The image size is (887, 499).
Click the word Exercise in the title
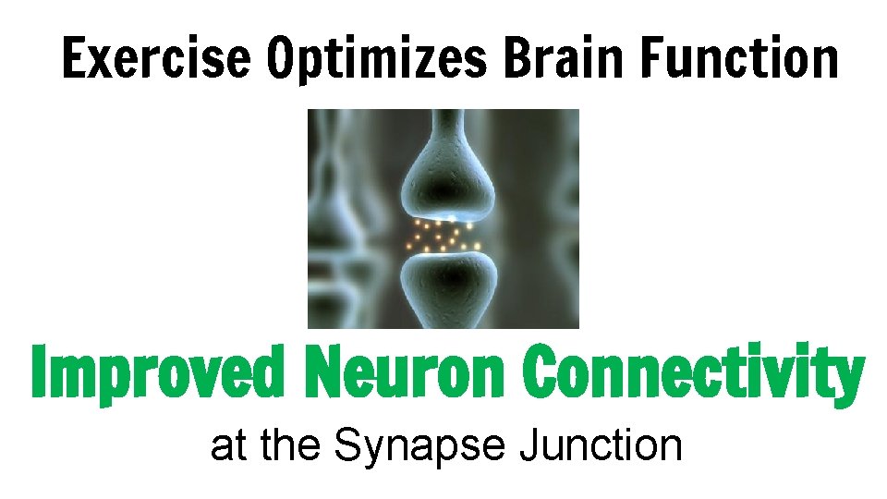point(155,58)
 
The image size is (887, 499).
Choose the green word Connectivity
point(692,373)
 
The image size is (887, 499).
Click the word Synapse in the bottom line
point(420,447)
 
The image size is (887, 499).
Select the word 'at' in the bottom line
point(228,446)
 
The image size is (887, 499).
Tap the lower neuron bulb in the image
point(445,286)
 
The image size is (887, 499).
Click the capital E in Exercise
point(73,58)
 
